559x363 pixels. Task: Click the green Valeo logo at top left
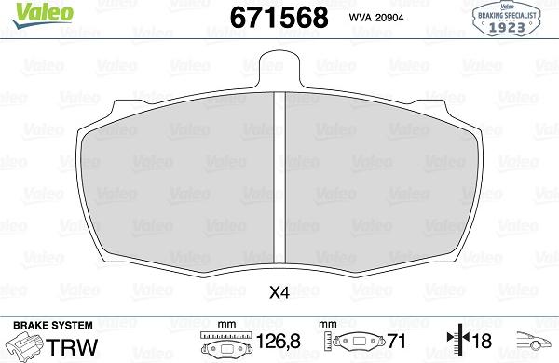(x=43, y=16)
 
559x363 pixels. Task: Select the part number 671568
(x=279, y=18)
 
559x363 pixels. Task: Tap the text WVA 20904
(x=376, y=18)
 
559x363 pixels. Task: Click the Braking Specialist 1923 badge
(x=506, y=19)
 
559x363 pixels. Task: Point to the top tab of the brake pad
(x=279, y=68)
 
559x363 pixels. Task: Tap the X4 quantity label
(x=279, y=293)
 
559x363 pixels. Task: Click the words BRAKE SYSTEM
(x=53, y=325)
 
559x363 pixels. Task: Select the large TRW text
(x=72, y=347)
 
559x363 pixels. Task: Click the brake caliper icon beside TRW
(x=24, y=346)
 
